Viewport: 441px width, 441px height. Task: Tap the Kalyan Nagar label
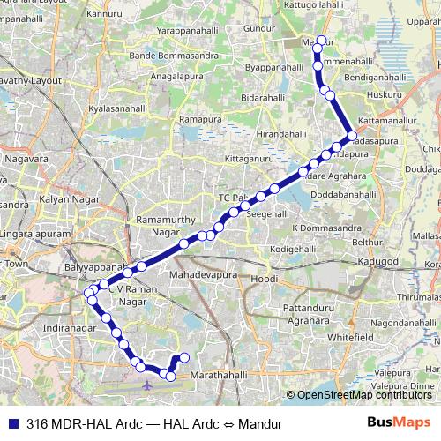pyautogui.click(x=65, y=200)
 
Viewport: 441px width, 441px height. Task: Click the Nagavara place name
pyautogui.click(x=27, y=160)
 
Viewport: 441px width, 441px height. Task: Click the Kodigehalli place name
pyautogui.click(x=292, y=250)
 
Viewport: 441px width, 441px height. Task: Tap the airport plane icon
pyautogui.click(x=146, y=385)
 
